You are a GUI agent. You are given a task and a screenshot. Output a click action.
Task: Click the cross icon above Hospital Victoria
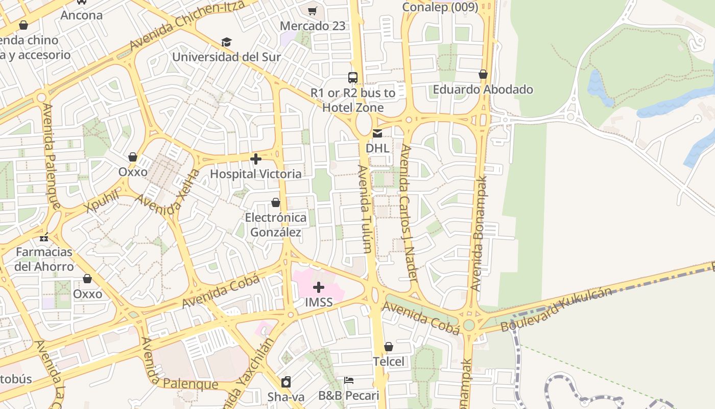pyautogui.click(x=256, y=159)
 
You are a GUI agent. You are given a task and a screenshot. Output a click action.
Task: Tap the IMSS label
pyautogui.click(x=319, y=302)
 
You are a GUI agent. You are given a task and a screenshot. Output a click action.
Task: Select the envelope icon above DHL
pyautogui.click(x=377, y=133)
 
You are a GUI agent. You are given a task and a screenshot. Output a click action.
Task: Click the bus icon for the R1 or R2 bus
pyautogui.click(x=353, y=78)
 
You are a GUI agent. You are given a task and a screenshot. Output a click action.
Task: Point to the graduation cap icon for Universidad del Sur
pyautogui.click(x=226, y=42)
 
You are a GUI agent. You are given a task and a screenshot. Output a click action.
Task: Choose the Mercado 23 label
pyautogui.click(x=313, y=26)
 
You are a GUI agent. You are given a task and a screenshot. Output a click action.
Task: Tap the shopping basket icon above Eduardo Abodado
pyautogui.click(x=483, y=75)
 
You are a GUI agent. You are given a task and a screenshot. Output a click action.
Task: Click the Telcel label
pyautogui.click(x=388, y=361)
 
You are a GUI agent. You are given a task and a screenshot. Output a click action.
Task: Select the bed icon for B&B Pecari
pyautogui.click(x=349, y=380)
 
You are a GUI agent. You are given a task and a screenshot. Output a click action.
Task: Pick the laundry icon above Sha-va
pyautogui.click(x=286, y=382)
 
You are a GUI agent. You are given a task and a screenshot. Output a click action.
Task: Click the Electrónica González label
pyautogui.click(x=276, y=225)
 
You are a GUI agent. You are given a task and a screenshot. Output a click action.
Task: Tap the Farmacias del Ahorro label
pyautogui.click(x=44, y=259)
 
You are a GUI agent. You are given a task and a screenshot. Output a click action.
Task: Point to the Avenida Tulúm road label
pyautogui.click(x=364, y=209)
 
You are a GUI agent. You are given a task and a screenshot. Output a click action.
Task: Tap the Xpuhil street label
pyautogui.click(x=102, y=201)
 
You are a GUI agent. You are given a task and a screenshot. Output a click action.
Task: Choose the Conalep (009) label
pyautogui.click(x=440, y=7)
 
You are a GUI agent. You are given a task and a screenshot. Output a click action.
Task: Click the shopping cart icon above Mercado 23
pyautogui.click(x=313, y=11)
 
